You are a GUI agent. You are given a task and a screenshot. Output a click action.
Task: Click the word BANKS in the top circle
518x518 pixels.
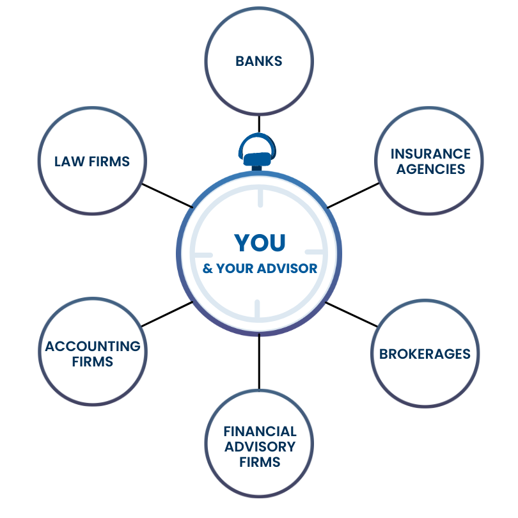[x=259, y=61]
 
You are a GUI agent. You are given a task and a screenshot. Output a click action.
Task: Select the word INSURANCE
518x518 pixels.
[x=430, y=154]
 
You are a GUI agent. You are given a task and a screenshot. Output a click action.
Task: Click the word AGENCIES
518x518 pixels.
[x=430, y=169]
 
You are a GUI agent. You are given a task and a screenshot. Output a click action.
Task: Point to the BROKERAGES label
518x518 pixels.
[x=425, y=354]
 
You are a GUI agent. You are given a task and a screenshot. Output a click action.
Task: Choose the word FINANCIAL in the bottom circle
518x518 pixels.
[x=260, y=432]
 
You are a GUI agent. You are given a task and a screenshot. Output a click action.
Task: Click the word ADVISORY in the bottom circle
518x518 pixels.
[x=260, y=446]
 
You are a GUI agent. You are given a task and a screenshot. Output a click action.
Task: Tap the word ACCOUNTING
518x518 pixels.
[x=93, y=346]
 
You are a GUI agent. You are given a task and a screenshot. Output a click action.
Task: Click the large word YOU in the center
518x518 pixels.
[x=260, y=242]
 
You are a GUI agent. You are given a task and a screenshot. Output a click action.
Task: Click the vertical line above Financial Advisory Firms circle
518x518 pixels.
[x=259, y=361]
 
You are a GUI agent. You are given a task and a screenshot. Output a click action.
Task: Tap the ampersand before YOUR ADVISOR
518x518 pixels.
[x=207, y=268]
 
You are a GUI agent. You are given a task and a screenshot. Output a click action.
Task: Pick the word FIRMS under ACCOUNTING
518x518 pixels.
[x=93, y=362]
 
